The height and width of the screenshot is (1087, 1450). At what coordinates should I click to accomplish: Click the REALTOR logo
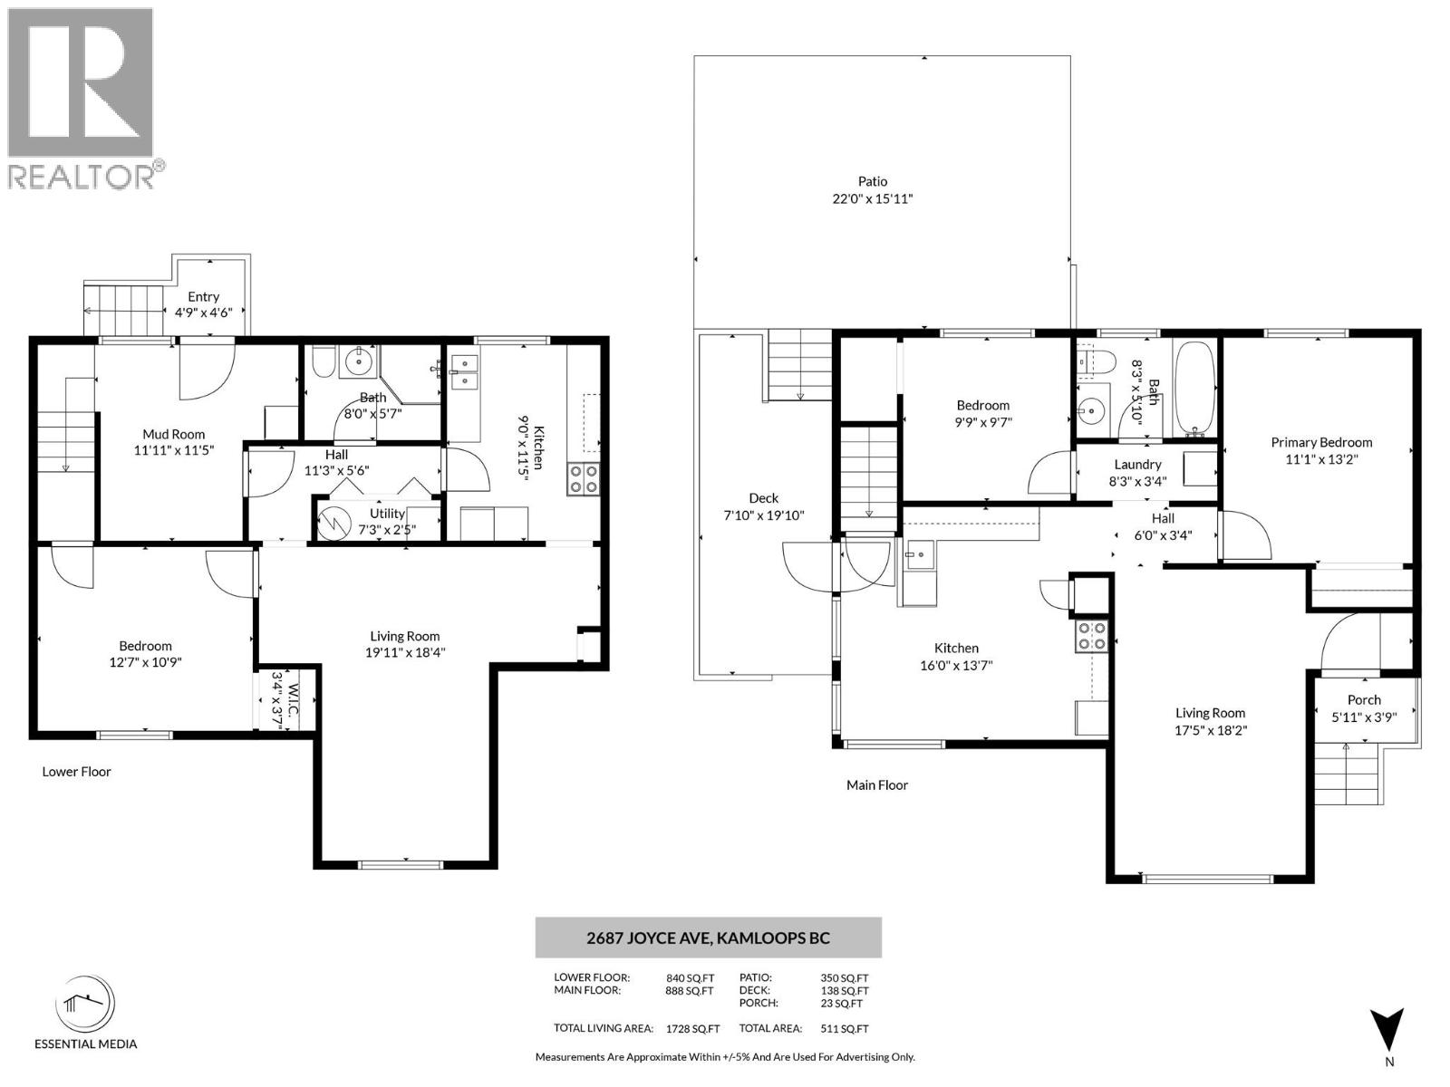81,97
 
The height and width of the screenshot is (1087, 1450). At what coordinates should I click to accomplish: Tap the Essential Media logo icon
86,1005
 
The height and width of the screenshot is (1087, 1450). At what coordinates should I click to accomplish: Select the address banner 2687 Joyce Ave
708,938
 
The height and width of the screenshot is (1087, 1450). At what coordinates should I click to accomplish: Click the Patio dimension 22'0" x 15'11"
872,198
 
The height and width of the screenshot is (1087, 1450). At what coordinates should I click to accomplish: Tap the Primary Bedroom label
1320,442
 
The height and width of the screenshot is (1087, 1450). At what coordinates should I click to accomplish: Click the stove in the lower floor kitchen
584,478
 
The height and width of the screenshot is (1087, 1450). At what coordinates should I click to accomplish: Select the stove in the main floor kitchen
1091,636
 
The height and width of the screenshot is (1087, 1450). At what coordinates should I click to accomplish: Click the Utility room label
387,513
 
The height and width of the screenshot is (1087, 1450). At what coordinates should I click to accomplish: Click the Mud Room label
174,434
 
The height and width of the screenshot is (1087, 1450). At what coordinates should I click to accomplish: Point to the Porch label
1363,699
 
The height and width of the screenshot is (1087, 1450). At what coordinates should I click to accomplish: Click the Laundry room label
1137,464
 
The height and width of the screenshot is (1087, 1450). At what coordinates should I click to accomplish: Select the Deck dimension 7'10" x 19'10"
763,515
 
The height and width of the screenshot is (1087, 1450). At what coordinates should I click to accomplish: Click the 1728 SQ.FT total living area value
692,1028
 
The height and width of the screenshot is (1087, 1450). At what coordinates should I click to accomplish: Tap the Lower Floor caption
76,772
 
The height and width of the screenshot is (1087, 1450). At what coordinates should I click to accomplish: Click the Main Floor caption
876,785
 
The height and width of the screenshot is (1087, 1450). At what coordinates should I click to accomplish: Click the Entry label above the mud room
203,296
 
